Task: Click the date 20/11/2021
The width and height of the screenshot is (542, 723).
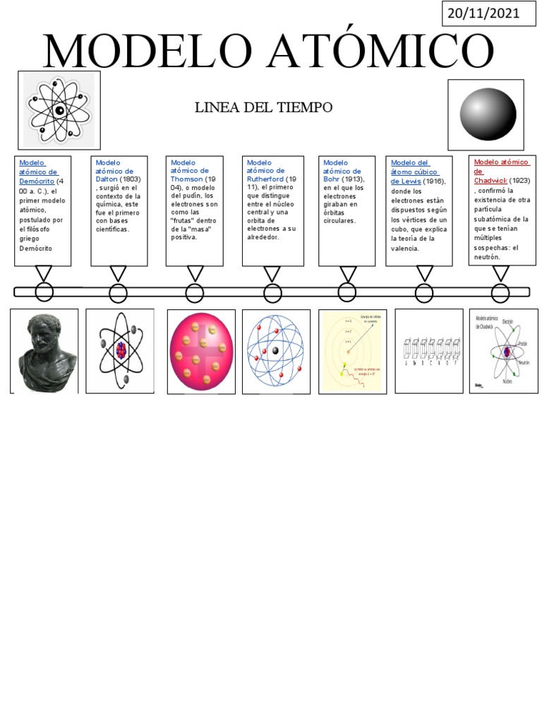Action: pos(489,13)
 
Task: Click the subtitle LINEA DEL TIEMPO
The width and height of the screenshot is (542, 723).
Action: pos(263,107)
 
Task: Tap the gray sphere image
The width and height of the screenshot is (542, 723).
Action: pos(486,115)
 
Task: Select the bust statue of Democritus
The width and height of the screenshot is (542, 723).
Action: pos(44,350)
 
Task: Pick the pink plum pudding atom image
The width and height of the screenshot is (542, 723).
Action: pos(201,351)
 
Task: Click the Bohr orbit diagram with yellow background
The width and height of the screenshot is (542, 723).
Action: pos(352,351)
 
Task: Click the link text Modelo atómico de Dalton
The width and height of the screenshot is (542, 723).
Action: pos(114,171)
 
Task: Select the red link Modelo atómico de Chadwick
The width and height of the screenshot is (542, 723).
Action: pos(501,170)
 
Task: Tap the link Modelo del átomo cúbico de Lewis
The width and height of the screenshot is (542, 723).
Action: pos(415,172)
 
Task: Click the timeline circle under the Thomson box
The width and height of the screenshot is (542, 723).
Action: pos(194,293)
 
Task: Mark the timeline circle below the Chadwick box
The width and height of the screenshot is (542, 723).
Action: pos(500,292)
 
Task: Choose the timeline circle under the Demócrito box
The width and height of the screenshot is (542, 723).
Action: pos(44,292)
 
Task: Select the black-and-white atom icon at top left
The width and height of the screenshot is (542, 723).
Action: pos(59,109)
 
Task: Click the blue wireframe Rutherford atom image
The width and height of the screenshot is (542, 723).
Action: pos(276,351)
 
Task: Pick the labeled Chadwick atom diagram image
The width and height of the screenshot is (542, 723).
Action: pos(503,350)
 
